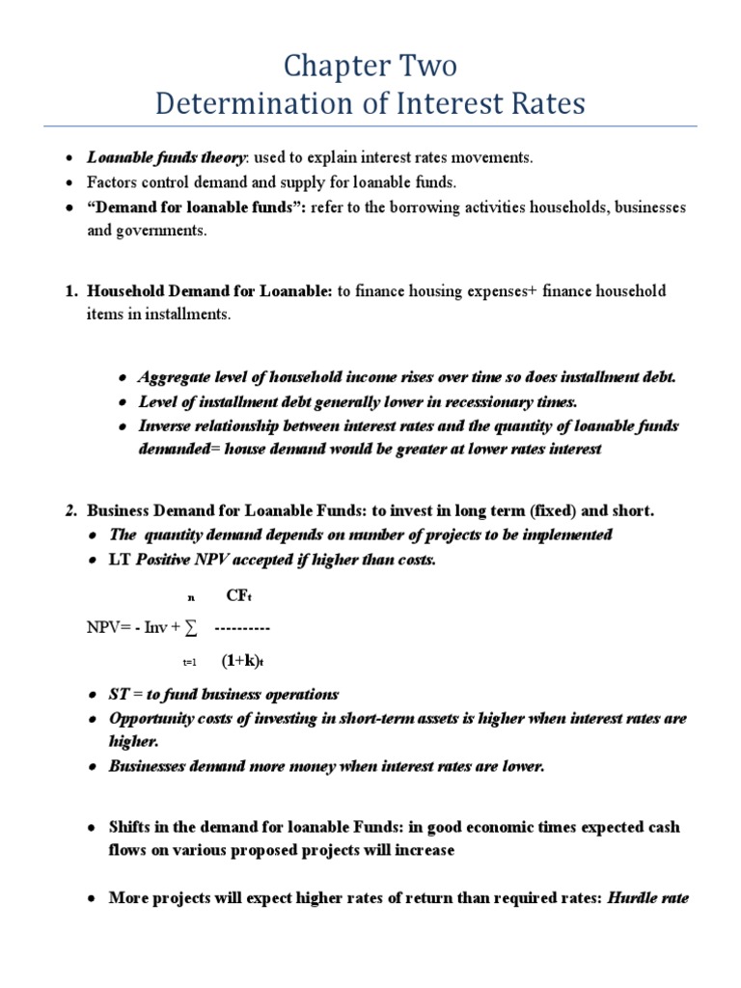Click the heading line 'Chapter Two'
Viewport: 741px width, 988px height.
(370, 67)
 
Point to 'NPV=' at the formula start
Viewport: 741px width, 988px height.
(108, 629)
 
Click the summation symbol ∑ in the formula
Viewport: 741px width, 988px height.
(191, 629)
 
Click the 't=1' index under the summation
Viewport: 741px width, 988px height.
(189, 663)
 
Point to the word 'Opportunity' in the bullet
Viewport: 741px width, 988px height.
(152, 719)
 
